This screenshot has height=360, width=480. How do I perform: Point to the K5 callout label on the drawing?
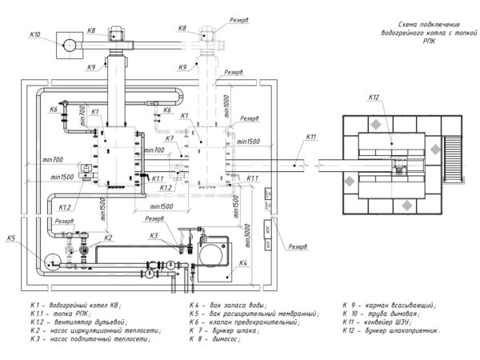point(12,238)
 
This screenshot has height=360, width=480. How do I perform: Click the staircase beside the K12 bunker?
point(454,161)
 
